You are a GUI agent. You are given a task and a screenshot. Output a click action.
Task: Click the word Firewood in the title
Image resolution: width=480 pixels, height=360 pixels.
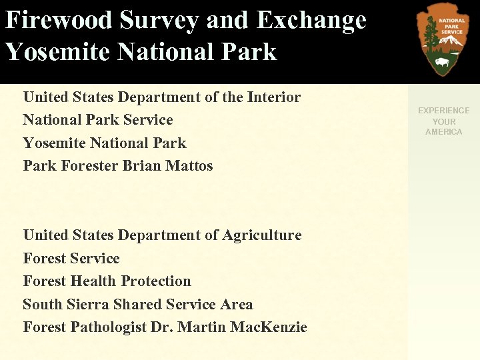pyautogui.click(x=59, y=20)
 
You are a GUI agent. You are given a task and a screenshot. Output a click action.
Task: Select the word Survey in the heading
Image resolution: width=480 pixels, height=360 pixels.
pyautogui.click(x=159, y=20)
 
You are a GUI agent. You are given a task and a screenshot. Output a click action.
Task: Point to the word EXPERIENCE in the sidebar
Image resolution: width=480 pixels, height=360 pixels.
pyautogui.click(x=443, y=111)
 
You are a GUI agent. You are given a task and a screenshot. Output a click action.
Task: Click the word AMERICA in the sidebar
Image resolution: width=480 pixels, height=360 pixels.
pyautogui.click(x=443, y=132)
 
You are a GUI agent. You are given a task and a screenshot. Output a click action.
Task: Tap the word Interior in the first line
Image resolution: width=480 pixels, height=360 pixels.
pyautogui.click(x=273, y=97)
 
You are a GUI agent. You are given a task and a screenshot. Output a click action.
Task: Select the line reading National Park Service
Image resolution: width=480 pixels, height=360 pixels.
pyautogui.click(x=97, y=120)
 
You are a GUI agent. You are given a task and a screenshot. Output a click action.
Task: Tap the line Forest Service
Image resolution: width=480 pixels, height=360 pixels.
pyautogui.click(x=71, y=259)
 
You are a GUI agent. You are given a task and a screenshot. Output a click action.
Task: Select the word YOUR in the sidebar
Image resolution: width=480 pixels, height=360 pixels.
pyautogui.click(x=443, y=121)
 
